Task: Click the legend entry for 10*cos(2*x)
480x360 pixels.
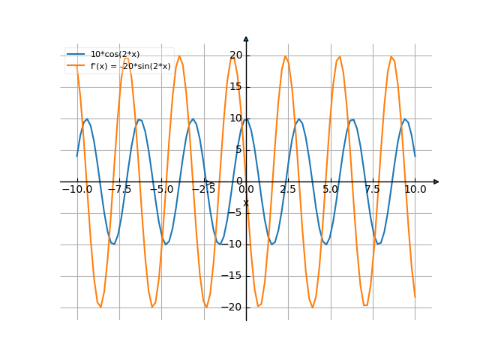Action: point(115,54)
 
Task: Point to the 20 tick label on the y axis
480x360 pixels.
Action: point(236,55)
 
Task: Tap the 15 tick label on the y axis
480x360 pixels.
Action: point(236,86)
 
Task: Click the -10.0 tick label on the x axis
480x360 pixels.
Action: point(77,190)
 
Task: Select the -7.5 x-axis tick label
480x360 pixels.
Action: point(119,190)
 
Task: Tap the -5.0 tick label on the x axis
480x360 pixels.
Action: point(161,190)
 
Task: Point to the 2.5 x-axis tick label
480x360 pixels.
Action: point(288,190)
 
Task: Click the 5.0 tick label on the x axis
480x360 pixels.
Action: point(330,190)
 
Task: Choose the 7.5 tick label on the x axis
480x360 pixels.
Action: point(373,190)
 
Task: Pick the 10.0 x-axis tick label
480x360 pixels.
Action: point(415,190)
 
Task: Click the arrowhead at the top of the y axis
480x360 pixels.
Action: point(246,38)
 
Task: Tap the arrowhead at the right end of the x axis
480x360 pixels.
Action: point(436,181)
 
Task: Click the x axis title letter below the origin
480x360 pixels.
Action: point(245,202)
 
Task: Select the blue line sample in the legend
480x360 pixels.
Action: point(76,54)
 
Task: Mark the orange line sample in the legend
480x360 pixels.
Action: point(76,66)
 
